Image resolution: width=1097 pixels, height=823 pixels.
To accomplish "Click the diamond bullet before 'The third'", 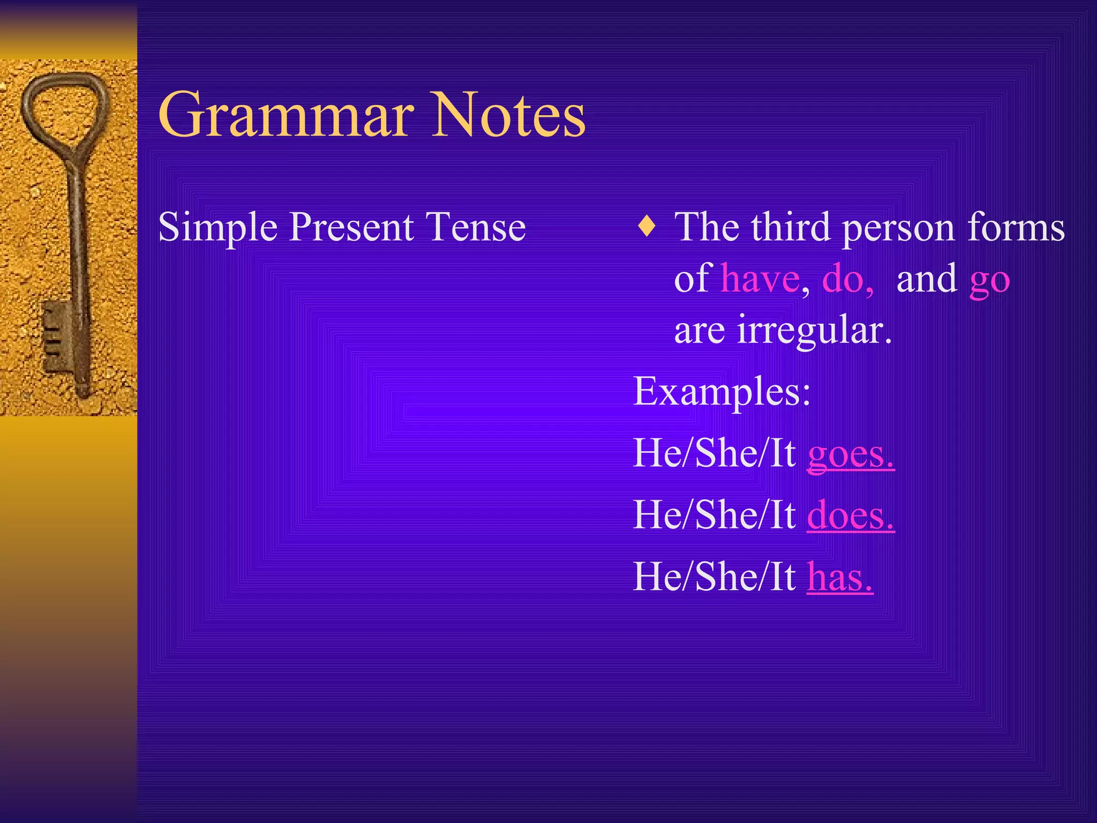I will [647, 226].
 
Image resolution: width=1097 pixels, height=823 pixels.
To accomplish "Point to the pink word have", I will [760, 279].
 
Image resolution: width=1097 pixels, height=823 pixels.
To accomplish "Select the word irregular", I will [814, 331].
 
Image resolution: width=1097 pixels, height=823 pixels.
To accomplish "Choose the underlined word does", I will [850, 516].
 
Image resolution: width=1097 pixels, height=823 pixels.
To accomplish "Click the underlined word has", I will [839, 578].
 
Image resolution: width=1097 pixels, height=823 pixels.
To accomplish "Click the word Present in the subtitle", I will [351, 227].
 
